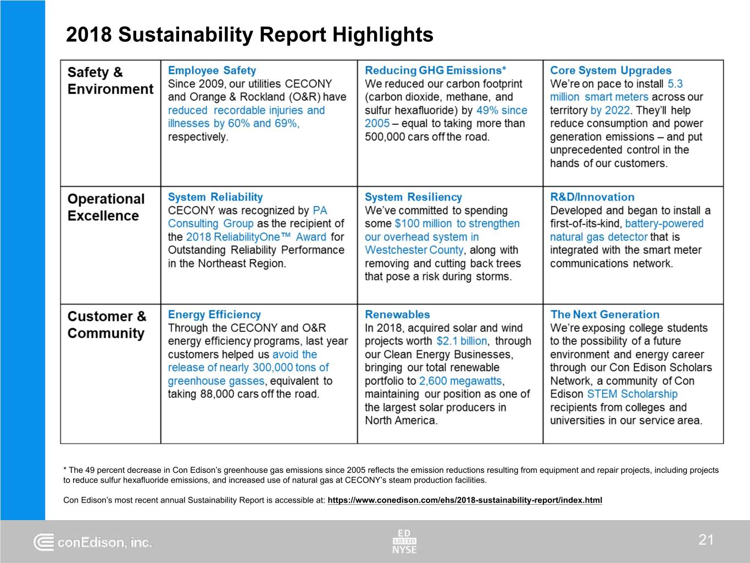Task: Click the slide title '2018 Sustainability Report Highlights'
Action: (x=249, y=35)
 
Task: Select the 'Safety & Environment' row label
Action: (x=110, y=81)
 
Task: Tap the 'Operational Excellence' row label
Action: (x=106, y=207)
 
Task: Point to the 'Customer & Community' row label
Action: (x=107, y=325)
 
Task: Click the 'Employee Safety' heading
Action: (x=212, y=70)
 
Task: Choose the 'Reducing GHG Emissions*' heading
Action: (x=435, y=70)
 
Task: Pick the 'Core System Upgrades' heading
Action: (x=610, y=70)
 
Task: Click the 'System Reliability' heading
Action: (x=215, y=197)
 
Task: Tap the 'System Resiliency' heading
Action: (x=413, y=197)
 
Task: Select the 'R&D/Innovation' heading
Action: (x=592, y=197)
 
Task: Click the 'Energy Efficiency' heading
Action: (x=214, y=314)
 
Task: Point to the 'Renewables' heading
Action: (x=397, y=314)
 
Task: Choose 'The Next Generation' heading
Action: (x=604, y=314)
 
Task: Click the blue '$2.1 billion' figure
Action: (x=462, y=341)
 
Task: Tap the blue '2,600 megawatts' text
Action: (x=460, y=381)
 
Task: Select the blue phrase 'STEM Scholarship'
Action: (x=632, y=394)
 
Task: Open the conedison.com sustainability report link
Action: (x=464, y=500)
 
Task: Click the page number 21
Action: (x=706, y=540)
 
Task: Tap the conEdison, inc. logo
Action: (x=93, y=543)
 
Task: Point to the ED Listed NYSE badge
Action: (x=404, y=541)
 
